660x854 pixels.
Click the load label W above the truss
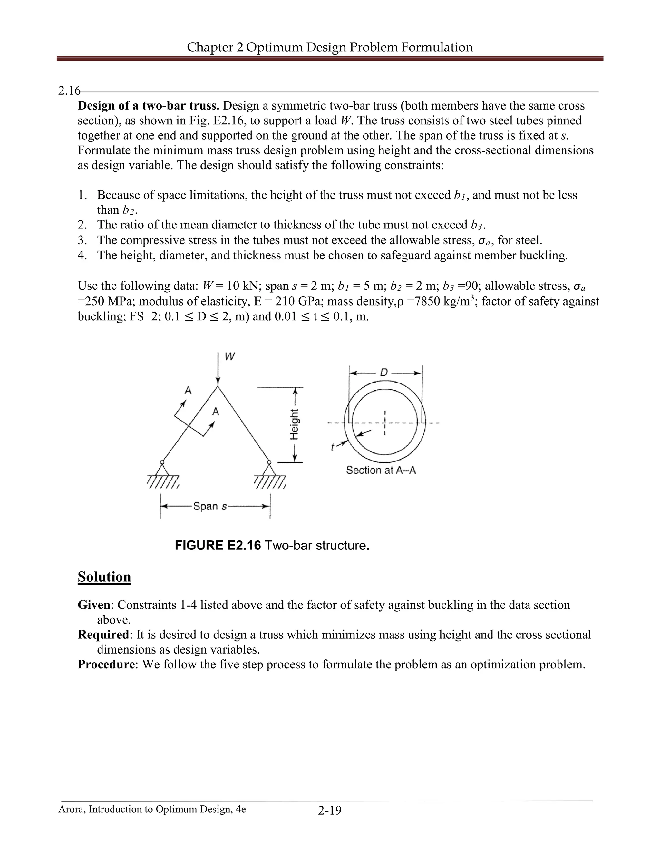[230, 357]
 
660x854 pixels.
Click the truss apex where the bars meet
[218, 387]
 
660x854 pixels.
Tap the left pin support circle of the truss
[162, 462]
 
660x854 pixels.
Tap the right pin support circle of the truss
[269, 462]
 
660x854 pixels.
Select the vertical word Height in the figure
[295, 424]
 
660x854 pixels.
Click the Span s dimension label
[210, 506]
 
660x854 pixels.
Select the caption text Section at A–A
[381, 470]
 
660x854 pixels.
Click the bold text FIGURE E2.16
[218, 545]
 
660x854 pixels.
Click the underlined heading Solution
[104, 577]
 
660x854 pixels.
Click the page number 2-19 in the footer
[330, 810]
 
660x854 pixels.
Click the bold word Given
[94, 605]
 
